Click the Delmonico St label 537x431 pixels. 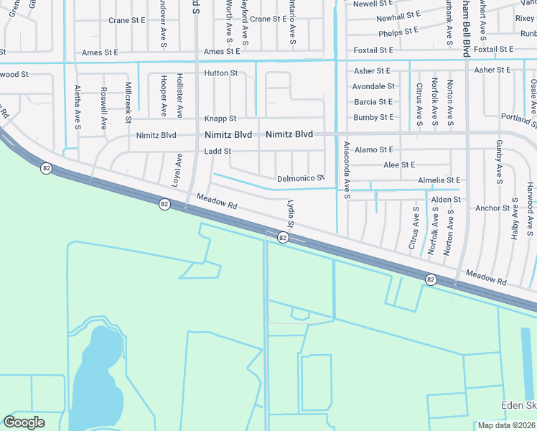(301, 177)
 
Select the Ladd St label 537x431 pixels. (218, 151)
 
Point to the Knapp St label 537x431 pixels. (220, 118)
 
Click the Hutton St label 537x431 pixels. (220, 73)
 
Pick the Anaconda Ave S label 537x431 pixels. (346, 170)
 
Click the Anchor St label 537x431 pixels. (492, 208)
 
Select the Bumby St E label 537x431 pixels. (373, 117)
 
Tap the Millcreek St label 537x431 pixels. (128, 99)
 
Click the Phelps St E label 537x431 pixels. (398, 32)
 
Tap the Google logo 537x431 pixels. (24, 422)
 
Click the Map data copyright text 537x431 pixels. (507, 425)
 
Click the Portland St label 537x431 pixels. (518, 120)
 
